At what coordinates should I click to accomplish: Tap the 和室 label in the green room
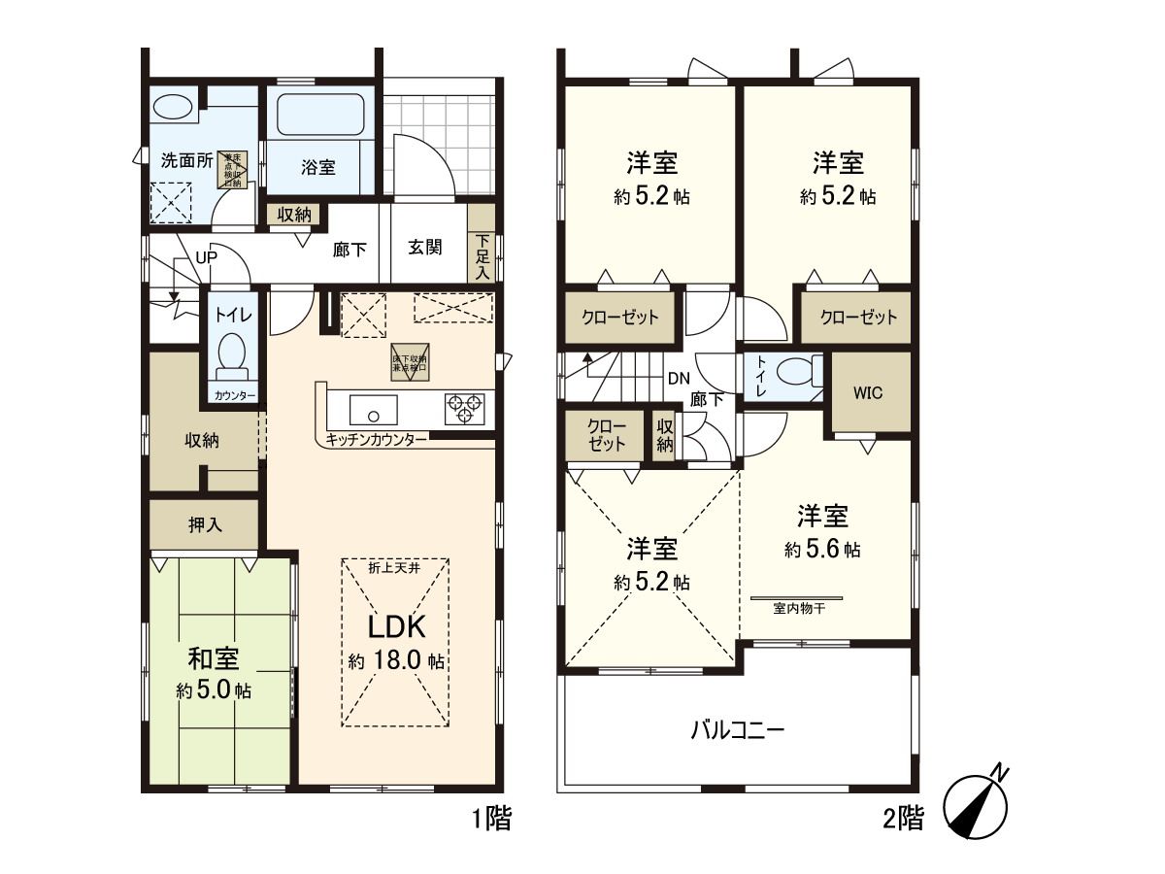(214, 659)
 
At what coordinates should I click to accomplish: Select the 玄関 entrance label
(425, 248)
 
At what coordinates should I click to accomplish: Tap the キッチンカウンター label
(376, 440)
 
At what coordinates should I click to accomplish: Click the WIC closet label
(868, 393)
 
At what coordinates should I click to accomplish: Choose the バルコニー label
(737, 729)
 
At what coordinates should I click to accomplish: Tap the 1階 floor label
(491, 820)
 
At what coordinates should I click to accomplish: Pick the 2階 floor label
(903, 820)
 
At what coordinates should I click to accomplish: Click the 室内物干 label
(798, 609)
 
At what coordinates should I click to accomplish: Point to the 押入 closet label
(205, 524)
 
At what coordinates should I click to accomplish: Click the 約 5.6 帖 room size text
(823, 549)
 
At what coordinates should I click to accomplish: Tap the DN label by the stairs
(679, 378)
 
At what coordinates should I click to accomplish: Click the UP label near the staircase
(206, 257)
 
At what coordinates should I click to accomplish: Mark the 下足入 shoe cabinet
(483, 257)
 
